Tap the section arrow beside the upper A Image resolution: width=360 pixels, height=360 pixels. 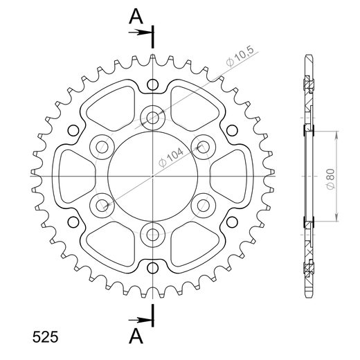[142, 32]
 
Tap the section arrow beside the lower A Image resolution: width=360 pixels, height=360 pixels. [142, 320]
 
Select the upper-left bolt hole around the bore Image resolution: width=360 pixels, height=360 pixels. [102, 145]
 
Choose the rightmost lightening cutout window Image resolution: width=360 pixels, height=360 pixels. [227, 174]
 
